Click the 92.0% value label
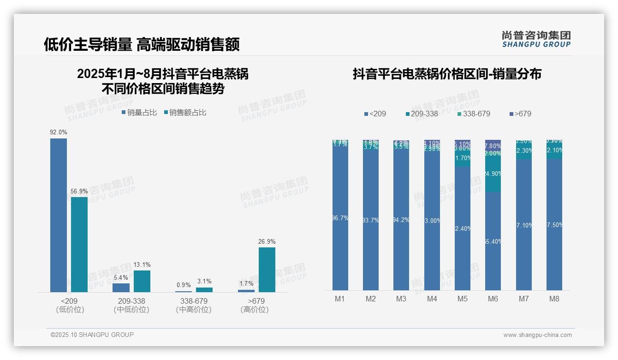(59, 132)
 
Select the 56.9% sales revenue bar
(79, 244)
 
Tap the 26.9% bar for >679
(267, 270)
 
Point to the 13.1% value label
(142, 265)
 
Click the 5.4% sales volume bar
(121, 288)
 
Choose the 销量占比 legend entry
(139, 113)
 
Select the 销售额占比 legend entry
(185, 113)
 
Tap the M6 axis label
(493, 299)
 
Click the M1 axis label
(340, 299)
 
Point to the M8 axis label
(554, 299)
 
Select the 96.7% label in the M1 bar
(340, 218)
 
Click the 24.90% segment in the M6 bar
(493, 174)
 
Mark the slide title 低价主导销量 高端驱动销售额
(142, 44)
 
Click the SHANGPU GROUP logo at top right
(536, 39)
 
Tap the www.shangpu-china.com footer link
(537, 335)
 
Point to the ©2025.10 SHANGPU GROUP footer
(92, 335)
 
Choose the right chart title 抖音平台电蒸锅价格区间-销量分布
(447, 74)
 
